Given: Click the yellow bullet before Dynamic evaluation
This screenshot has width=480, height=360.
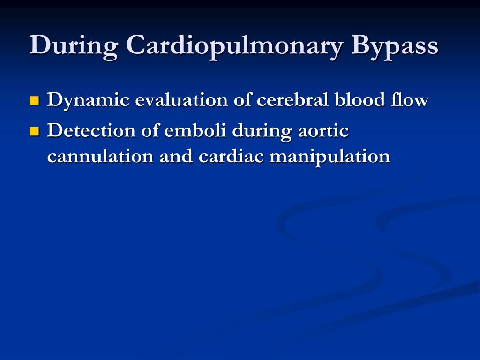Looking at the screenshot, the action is (x=35, y=100).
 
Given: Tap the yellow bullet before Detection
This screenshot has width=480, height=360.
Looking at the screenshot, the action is (x=35, y=131).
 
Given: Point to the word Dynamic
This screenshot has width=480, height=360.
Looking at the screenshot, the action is (x=88, y=101).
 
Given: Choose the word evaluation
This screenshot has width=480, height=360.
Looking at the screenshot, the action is (x=181, y=100).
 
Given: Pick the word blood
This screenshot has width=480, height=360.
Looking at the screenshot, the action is (x=360, y=100).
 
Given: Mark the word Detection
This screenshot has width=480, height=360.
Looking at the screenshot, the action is (x=91, y=131).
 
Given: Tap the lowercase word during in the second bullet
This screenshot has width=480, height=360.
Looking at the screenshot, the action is (x=262, y=132).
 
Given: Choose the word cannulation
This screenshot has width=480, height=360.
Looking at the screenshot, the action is (x=100, y=157).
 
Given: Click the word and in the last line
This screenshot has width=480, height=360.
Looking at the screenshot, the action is (x=176, y=157).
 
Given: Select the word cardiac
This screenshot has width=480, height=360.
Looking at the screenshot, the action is (x=231, y=157).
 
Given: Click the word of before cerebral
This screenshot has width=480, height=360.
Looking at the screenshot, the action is (x=242, y=100).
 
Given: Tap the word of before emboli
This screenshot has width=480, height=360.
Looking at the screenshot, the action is (x=150, y=131).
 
